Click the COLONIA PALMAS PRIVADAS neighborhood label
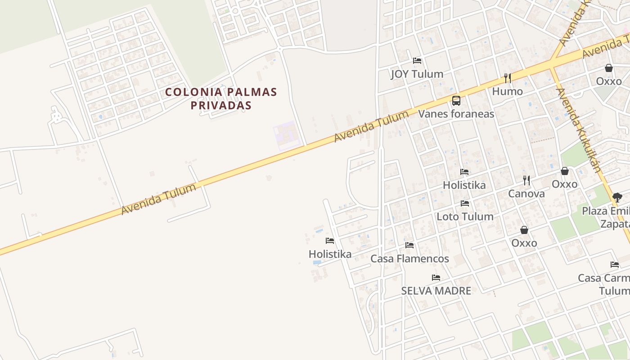(220, 99)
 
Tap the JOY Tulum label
(417, 74)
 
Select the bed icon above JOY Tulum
(417, 61)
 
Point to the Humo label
(507, 91)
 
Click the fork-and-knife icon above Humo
(508, 78)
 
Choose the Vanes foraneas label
(456, 113)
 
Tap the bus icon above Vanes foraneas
(456, 100)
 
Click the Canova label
(526, 193)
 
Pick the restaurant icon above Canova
(526, 180)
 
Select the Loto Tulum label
(465, 216)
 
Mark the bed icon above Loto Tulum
(465, 203)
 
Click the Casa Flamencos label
(409, 259)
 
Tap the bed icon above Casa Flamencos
(409, 245)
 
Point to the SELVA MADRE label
(436, 291)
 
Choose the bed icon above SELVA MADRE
(436, 278)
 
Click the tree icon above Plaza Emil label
(617, 197)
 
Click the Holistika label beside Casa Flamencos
(330, 254)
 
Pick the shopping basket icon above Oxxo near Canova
(564, 171)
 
